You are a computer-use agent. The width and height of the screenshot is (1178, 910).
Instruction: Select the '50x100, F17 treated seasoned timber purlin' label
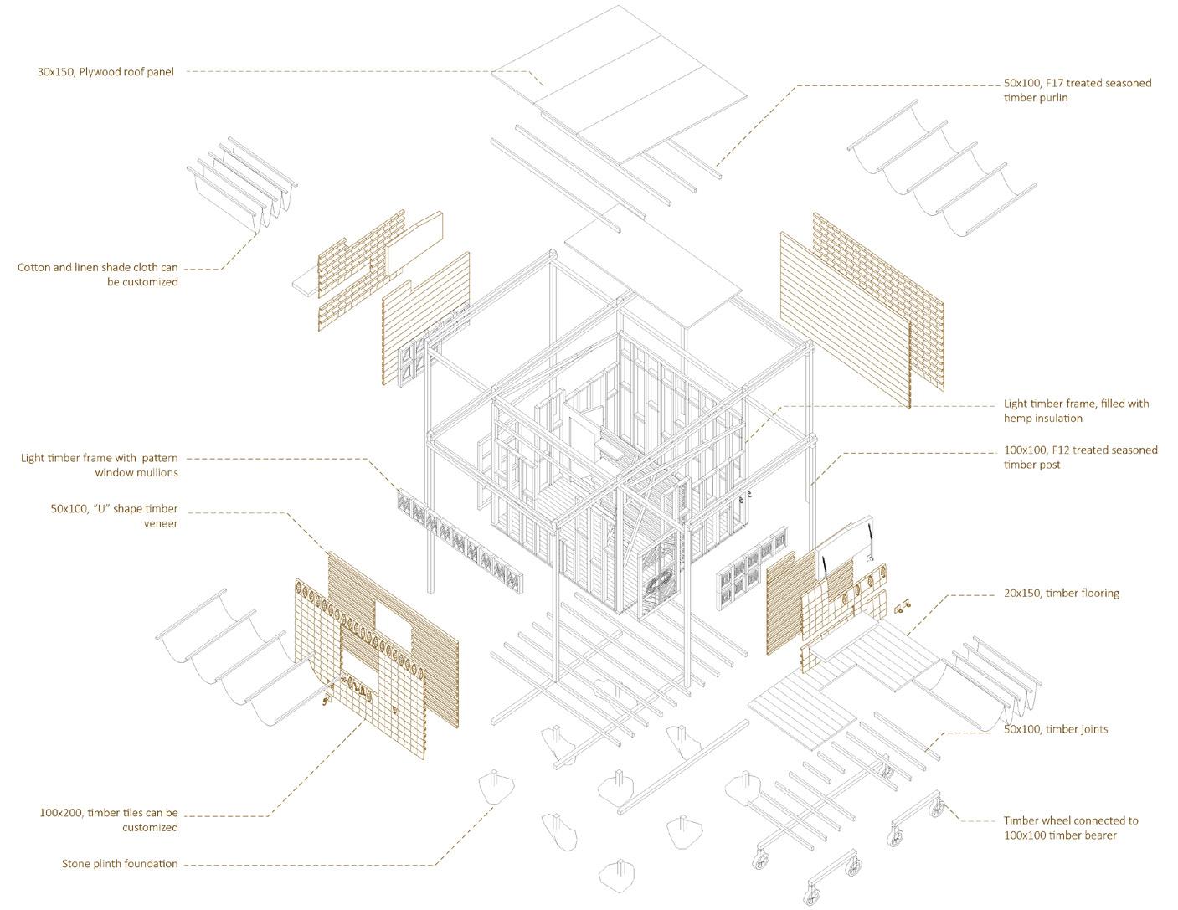(x=1077, y=90)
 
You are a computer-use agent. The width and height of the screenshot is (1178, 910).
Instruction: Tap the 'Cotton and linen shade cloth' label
(x=98, y=275)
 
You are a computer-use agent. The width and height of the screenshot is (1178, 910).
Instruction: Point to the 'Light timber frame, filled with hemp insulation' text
(x=1076, y=410)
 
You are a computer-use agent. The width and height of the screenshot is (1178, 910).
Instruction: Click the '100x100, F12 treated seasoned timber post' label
(x=1080, y=457)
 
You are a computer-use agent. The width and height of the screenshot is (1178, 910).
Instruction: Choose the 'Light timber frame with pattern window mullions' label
(x=100, y=465)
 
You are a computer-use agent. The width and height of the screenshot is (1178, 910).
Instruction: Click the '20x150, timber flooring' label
(x=1062, y=594)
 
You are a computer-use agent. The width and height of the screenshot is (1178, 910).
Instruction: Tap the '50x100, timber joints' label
(x=1055, y=729)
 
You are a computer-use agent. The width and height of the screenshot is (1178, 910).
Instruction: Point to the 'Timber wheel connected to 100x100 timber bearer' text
(x=1071, y=827)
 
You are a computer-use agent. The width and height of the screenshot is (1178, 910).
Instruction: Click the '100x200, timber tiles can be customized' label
(x=109, y=820)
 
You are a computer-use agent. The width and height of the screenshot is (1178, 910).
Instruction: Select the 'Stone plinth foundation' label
(x=120, y=863)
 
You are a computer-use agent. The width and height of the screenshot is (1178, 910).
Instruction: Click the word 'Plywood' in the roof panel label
(x=100, y=72)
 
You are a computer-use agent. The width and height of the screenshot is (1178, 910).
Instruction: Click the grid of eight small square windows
(x=751, y=572)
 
